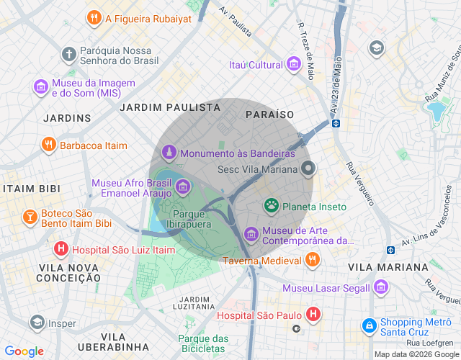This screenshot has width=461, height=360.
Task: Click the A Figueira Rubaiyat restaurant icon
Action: pyautogui.click(x=93, y=17)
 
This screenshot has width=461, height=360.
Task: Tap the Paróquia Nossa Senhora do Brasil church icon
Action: pyautogui.click(x=68, y=54)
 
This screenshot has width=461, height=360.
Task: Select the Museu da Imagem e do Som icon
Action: pyautogui.click(x=41, y=87)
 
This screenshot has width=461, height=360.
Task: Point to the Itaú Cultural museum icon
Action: pyautogui.click(x=293, y=65)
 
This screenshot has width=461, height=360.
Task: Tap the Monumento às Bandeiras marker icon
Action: pyautogui.click(x=169, y=153)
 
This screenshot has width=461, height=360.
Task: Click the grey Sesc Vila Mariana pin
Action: pyautogui.click(x=309, y=169)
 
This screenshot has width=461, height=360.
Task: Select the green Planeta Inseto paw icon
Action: pyautogui.click(x=272, y=207)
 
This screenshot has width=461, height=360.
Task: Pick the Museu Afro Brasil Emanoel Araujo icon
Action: pyautogui.click(x=183, y=188)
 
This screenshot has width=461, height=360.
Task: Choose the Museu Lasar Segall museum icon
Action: pyautogui.click(x=381, y=288)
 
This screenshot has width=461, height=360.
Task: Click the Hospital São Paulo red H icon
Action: pyautogui.click(x=313, y=315)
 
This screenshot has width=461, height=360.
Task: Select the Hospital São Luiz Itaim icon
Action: pyautogui.click(x=62, y=249)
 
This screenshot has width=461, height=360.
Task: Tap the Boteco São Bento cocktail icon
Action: pyautogui.click(x=30, y=217)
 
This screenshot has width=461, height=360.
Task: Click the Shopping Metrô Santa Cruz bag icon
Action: pyautogui.click(x=370, y=326)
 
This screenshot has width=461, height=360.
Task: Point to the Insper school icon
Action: pyautogui.click(x=37, y=323)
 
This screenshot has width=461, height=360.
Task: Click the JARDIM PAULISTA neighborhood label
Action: pyautogui.click(x=170, y=107)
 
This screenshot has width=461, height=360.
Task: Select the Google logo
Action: pyautogui.click(x=24, y=351)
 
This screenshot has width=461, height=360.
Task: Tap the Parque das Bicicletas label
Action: pyautogui.click(x=203, y=343)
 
